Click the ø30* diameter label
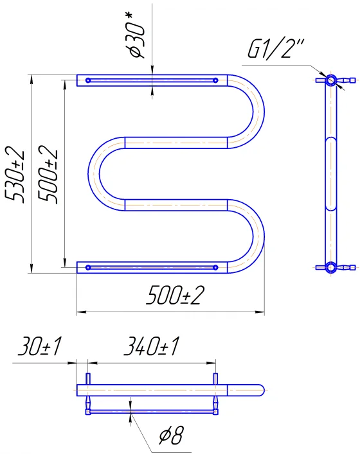pyautogui.click(x=138, y=35)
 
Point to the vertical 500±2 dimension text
pyautogui.click(x=48, y=174)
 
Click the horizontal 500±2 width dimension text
pyautogui.click(x=175, y=295)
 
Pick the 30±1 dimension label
pyautogui.click(x=40, y=346)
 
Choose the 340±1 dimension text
pyautogui.click(x=151, y=346)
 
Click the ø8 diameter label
pyautogui.click(x=172, y=436)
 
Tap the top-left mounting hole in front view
pyautogui.click(x=88, y=80)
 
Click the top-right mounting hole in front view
pyautogui.click(x=215, y=80)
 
